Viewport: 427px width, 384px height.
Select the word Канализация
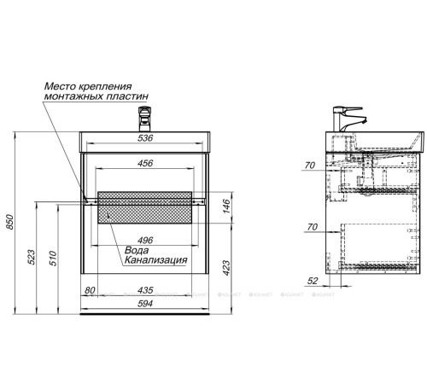click(x=157, y=261)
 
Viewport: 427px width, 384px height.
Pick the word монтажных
click(x=71, y=97)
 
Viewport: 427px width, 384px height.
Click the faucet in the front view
click(x=147, y=112)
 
